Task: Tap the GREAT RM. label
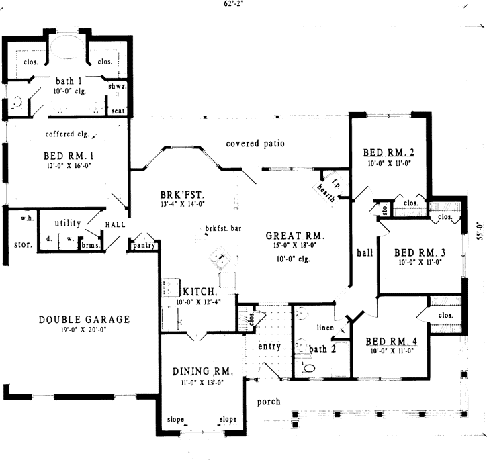pyautogui.click(x=295, y=236)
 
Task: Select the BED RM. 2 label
pyautogui.click(x=388, y=152)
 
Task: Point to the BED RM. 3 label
pyautogui.click(x=420, y=253)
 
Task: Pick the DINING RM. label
pyautogui.click(x=202, y=371)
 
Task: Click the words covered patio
pyautogui.click(x=255, y=144)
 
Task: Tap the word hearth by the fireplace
pyautogui.click(x=326, y=190)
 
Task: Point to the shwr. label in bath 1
pyautogui.click(x=118, y=87)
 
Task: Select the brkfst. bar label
pyautogui.click(x=223, y=228)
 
